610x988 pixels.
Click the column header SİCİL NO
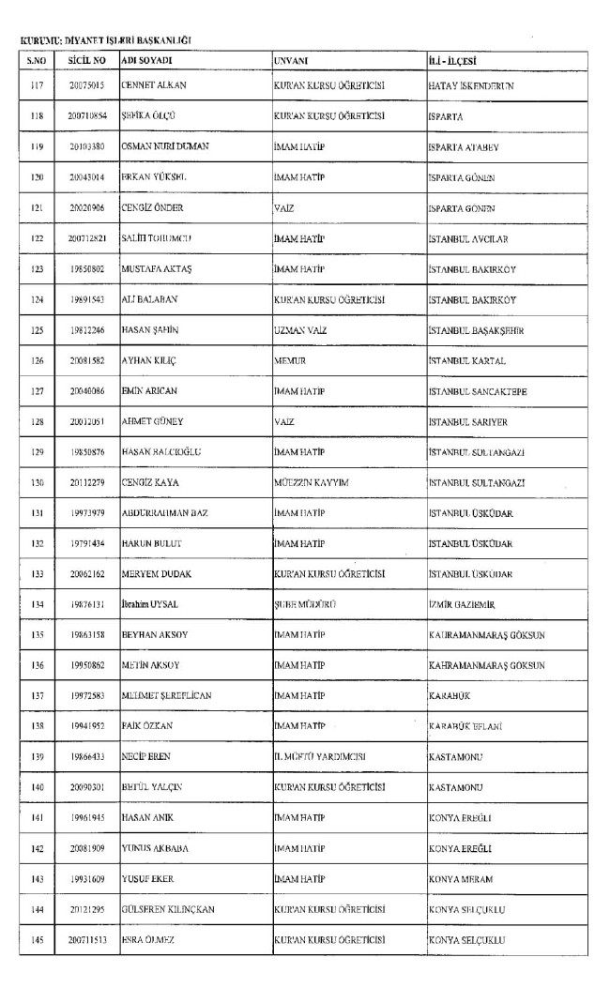click(86, 61)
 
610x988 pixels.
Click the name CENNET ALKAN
click(155, 85)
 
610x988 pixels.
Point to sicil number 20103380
click(86, 146)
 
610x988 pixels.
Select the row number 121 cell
click(38, 207)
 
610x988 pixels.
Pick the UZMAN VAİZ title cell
click(297, 329)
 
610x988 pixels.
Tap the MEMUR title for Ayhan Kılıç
click(288, 360)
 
